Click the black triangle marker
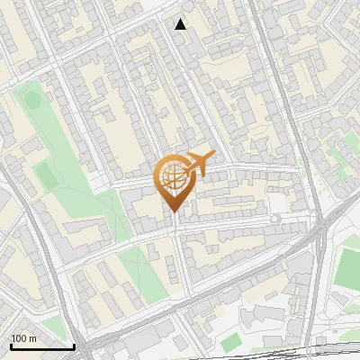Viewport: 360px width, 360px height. coord(181,24)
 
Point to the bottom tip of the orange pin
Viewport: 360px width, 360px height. coord(172,212)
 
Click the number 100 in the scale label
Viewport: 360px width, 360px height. coord(19,338)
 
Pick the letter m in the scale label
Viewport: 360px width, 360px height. coord(32,338)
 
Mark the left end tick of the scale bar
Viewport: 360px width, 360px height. coord(11,346)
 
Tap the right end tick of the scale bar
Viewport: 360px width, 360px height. coord(74,346)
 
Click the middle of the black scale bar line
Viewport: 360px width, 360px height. coord(42,347)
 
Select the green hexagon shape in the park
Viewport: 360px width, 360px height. coord(32,98)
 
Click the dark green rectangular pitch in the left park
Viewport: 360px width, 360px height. coord(41,172)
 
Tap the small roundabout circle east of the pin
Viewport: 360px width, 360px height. coord(274,219)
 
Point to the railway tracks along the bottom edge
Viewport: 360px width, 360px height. coord(270,352)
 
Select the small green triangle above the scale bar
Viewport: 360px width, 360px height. coord(54,324)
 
